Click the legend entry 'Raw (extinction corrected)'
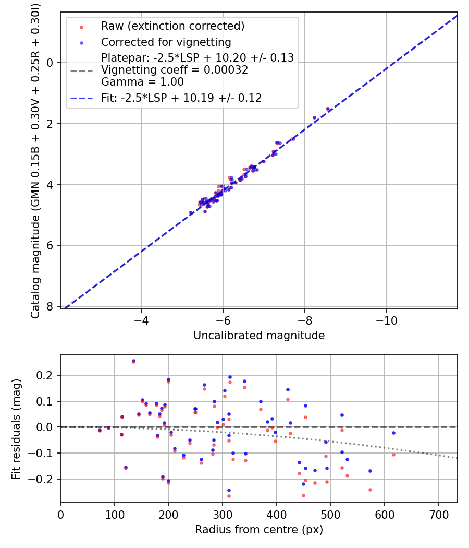point(172,26)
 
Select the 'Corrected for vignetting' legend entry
point(166,42)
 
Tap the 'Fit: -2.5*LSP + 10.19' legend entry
point(181,98)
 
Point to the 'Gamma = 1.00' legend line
point(142,82)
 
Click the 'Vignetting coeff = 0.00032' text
point(175,70)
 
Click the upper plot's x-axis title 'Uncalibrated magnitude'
point(259,336)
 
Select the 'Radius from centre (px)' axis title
point(259,530)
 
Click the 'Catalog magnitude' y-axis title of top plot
point(35,160)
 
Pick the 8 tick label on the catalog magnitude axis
point(51,306)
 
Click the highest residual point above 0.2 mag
point(133,361)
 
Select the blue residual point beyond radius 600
point(393,433)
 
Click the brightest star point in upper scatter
point(328,109)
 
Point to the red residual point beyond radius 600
point(393,455)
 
